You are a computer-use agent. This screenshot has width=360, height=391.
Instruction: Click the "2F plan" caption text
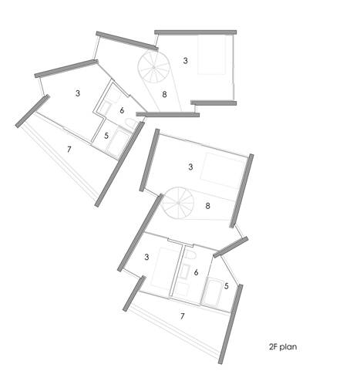[283, 347]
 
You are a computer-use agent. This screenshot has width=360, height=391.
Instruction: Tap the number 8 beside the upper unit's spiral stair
[164, 94]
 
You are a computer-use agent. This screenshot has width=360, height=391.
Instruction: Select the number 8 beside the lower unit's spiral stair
[207, 206]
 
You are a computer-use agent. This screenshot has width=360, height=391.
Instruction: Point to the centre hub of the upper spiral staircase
[153, 67]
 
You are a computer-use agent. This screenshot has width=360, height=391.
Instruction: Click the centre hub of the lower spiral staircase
[178, 203]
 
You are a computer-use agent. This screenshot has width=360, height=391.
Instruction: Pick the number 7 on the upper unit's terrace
[69, 149]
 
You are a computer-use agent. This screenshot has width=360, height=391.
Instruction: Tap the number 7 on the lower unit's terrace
[182, 316]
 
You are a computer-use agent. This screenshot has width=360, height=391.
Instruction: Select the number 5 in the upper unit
[106, 136]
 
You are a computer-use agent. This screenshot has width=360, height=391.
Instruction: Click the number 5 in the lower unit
[226, 286]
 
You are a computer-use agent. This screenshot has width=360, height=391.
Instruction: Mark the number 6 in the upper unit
[122, 110]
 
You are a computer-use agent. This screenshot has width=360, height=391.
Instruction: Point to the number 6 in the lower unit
[196, 272]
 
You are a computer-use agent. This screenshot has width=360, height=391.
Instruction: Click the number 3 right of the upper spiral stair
[185, 60]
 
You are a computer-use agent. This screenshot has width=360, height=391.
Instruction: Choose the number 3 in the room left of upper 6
[78, 93]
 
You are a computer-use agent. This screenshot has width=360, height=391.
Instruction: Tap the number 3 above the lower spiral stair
[190, 167]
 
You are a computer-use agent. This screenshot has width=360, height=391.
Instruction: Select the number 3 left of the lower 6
[146, 257]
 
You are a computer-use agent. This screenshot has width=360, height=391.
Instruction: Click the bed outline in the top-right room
[211, 55]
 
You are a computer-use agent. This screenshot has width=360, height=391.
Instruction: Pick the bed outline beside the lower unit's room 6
[163, 268]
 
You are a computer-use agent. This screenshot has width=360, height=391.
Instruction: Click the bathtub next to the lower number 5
[214, 292]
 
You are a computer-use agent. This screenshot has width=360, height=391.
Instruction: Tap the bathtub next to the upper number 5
[119, 142]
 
